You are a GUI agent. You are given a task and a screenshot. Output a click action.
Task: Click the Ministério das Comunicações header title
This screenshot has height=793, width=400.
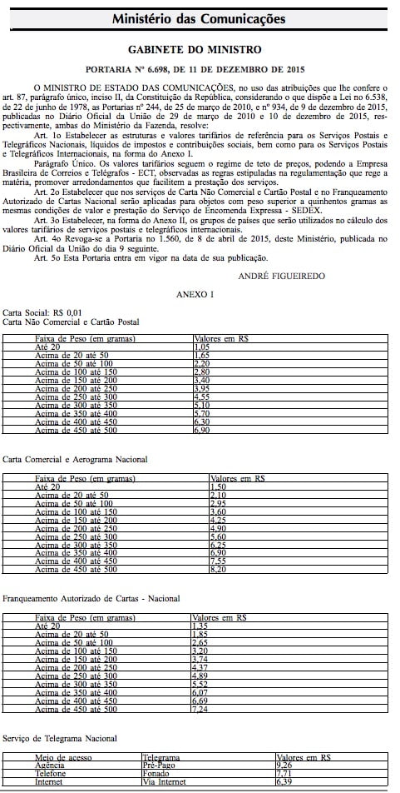(x=200, y=17)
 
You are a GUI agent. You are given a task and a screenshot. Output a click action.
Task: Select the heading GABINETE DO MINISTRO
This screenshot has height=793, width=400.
(x=200, y=50)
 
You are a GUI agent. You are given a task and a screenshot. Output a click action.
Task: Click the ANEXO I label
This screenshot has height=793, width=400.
(x=195, y=295)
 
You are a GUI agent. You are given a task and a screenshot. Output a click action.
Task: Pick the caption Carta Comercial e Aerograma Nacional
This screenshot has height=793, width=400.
(x=75, y=459)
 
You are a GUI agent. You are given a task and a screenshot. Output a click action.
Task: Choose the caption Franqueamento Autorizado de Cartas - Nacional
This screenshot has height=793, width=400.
(x=91, y=599)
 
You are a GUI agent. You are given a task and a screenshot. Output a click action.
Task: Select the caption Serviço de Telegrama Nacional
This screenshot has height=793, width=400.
(x=59, y=739)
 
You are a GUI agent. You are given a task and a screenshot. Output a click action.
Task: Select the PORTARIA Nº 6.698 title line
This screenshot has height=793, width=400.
(x=200, y=70)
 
